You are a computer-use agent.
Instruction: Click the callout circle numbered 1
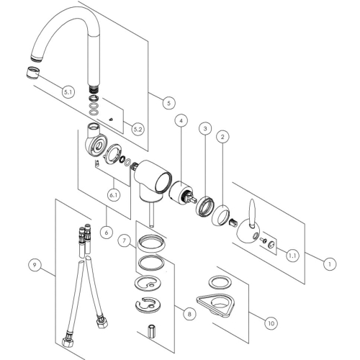coord(329,264)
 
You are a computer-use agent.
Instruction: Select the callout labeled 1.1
coord(292,254)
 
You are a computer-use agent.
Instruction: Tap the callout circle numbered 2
coord(223,136)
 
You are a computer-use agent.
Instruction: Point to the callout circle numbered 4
coord(181,120)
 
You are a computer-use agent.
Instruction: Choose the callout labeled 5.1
coord(68,92)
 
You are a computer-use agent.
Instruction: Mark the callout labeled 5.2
coord(138,129)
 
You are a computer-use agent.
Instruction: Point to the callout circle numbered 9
coord(34,265)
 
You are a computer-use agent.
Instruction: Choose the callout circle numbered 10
coord(271,323)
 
